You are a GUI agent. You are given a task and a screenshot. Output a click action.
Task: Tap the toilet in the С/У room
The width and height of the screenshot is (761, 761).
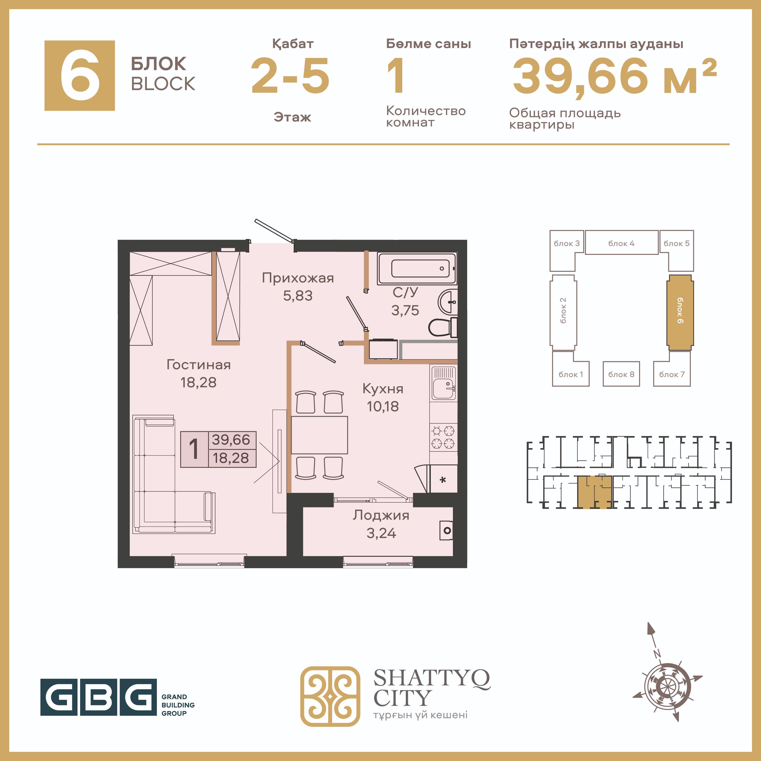click(x=443, y=327)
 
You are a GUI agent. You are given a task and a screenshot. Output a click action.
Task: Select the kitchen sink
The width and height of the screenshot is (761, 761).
click(x=444, y=383)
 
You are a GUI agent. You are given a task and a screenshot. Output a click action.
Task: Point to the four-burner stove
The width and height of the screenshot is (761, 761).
click(x=444, y=437)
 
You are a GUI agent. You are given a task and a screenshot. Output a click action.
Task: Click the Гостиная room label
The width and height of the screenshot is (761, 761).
click(x=199, y=365)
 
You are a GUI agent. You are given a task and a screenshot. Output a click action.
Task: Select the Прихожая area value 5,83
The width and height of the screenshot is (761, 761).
click(x=298, y=296)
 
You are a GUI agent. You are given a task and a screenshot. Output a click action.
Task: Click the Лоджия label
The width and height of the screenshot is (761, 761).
click(x=381, y=515)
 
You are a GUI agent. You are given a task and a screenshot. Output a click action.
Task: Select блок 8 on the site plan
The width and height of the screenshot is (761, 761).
click(x=621, y=374)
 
